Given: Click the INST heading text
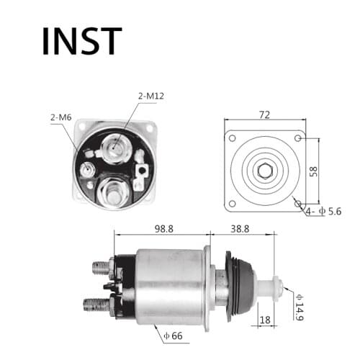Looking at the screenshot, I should [x=81, y=41].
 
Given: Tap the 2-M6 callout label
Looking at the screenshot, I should [x=61, y=117].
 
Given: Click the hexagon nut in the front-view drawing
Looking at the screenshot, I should [x=263, y=171].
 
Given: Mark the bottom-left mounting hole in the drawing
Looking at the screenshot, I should [x=232, y=204].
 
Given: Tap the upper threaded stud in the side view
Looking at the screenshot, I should [x=102, y=268].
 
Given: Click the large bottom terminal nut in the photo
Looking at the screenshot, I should [x=114, y=192].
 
